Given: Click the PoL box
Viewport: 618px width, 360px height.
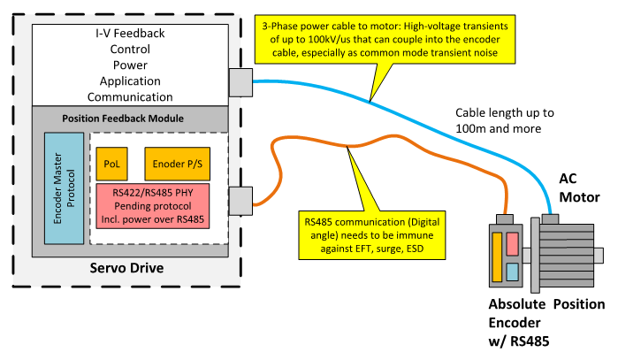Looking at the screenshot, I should click(111, 164).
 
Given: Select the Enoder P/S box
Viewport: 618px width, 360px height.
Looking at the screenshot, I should click(177, 164).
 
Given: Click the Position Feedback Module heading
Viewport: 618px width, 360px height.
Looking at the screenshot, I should click(123, 119).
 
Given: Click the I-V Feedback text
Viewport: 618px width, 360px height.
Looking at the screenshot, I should click(130, 33).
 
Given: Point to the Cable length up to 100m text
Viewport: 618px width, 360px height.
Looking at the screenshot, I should click(505, 121).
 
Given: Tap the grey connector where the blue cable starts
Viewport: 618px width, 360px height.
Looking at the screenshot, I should click(240, 81).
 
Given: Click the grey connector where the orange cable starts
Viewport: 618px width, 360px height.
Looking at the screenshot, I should click(240, 201).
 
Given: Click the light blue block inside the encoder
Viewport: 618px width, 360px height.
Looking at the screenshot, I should click(512, 271).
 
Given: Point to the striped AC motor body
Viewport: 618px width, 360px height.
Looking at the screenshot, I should click(566, 252).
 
